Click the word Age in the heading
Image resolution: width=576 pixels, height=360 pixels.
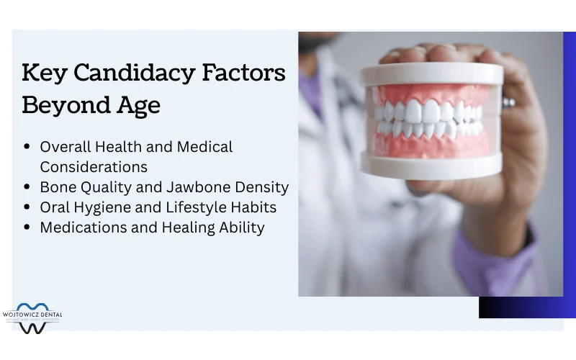coord(138,105)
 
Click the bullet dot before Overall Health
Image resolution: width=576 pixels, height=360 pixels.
coord(27,147)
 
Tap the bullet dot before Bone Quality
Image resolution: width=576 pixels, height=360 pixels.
coord(27,187)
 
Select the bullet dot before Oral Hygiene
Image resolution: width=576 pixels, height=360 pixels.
coord(27,207)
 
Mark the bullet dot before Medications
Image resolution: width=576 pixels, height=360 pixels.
coord(27,228)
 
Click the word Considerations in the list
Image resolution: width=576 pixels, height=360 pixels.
coord(94,167)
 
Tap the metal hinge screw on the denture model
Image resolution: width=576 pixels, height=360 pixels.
coord(508,102)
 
